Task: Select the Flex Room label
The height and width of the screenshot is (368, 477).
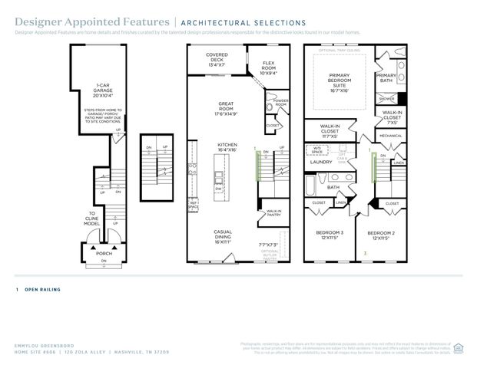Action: (269, 67)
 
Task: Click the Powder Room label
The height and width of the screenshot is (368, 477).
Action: (280, 102)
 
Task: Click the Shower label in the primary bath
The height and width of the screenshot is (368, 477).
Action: (386, 98)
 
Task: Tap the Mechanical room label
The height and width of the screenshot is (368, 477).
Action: (390, 136)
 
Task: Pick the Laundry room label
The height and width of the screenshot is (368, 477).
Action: (320, 163)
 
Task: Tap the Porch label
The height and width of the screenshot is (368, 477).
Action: (104, 253)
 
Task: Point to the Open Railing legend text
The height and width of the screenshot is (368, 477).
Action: (42, 290)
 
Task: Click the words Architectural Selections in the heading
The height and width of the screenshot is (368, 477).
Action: (242, 23)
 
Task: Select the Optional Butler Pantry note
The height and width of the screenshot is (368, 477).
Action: (270, 255)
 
